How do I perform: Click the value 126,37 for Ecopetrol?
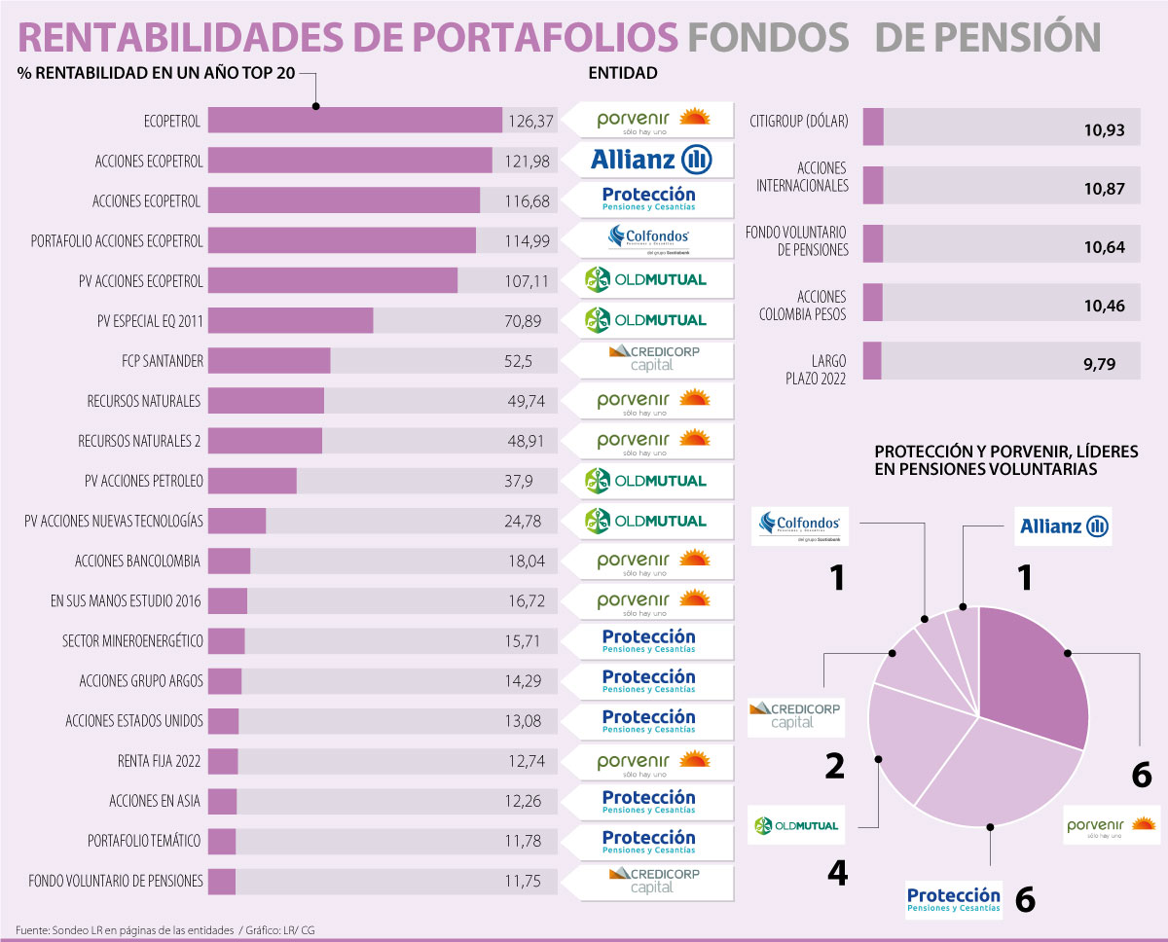[x=530, y=121]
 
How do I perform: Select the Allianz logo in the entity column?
[x=651, y=160]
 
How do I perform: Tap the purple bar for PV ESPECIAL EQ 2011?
[x=290, y=320]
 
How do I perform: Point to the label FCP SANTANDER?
[x=169, y=361]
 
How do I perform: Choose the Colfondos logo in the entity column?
[x=650, y=239]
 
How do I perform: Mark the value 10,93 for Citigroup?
[x=1104, y=128]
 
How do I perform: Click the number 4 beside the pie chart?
[x=836, y=872]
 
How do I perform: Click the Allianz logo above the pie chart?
[x=1064, y=526]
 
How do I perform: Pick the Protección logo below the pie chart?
[x=953, y=900]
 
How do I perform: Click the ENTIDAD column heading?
[x=623, y=73]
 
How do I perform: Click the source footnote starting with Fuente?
[x=164, y=930]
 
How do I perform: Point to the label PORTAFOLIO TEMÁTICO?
[x=145, y=842]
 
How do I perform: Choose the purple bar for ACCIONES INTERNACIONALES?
[x=873, y=185]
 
